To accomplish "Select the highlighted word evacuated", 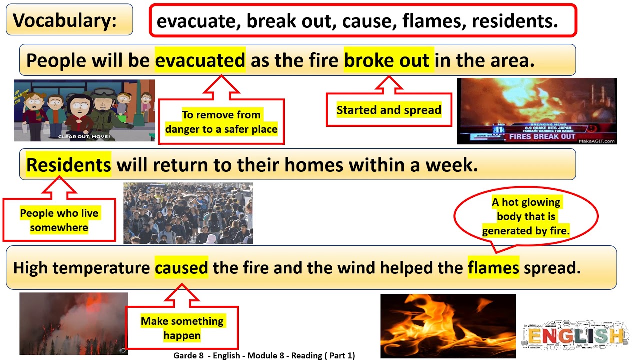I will point(200,60).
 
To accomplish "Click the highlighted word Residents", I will point(69,165).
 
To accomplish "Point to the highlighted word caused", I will point(181,268).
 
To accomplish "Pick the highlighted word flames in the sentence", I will point(493,268).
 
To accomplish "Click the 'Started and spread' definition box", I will point(389,110).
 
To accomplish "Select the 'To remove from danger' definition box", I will point(221,122).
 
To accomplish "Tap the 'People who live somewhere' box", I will point(59,220).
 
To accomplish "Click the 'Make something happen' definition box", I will point(182,328).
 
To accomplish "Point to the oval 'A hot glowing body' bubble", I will point(526,216).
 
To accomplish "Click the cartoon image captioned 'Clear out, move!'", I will point(84,110).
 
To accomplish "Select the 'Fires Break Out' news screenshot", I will point(536,111).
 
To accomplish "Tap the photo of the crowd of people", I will point(188,213).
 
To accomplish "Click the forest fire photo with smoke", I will point(74,323).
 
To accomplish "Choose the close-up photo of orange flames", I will point(448,326).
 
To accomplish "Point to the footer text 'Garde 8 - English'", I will point(264,355).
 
